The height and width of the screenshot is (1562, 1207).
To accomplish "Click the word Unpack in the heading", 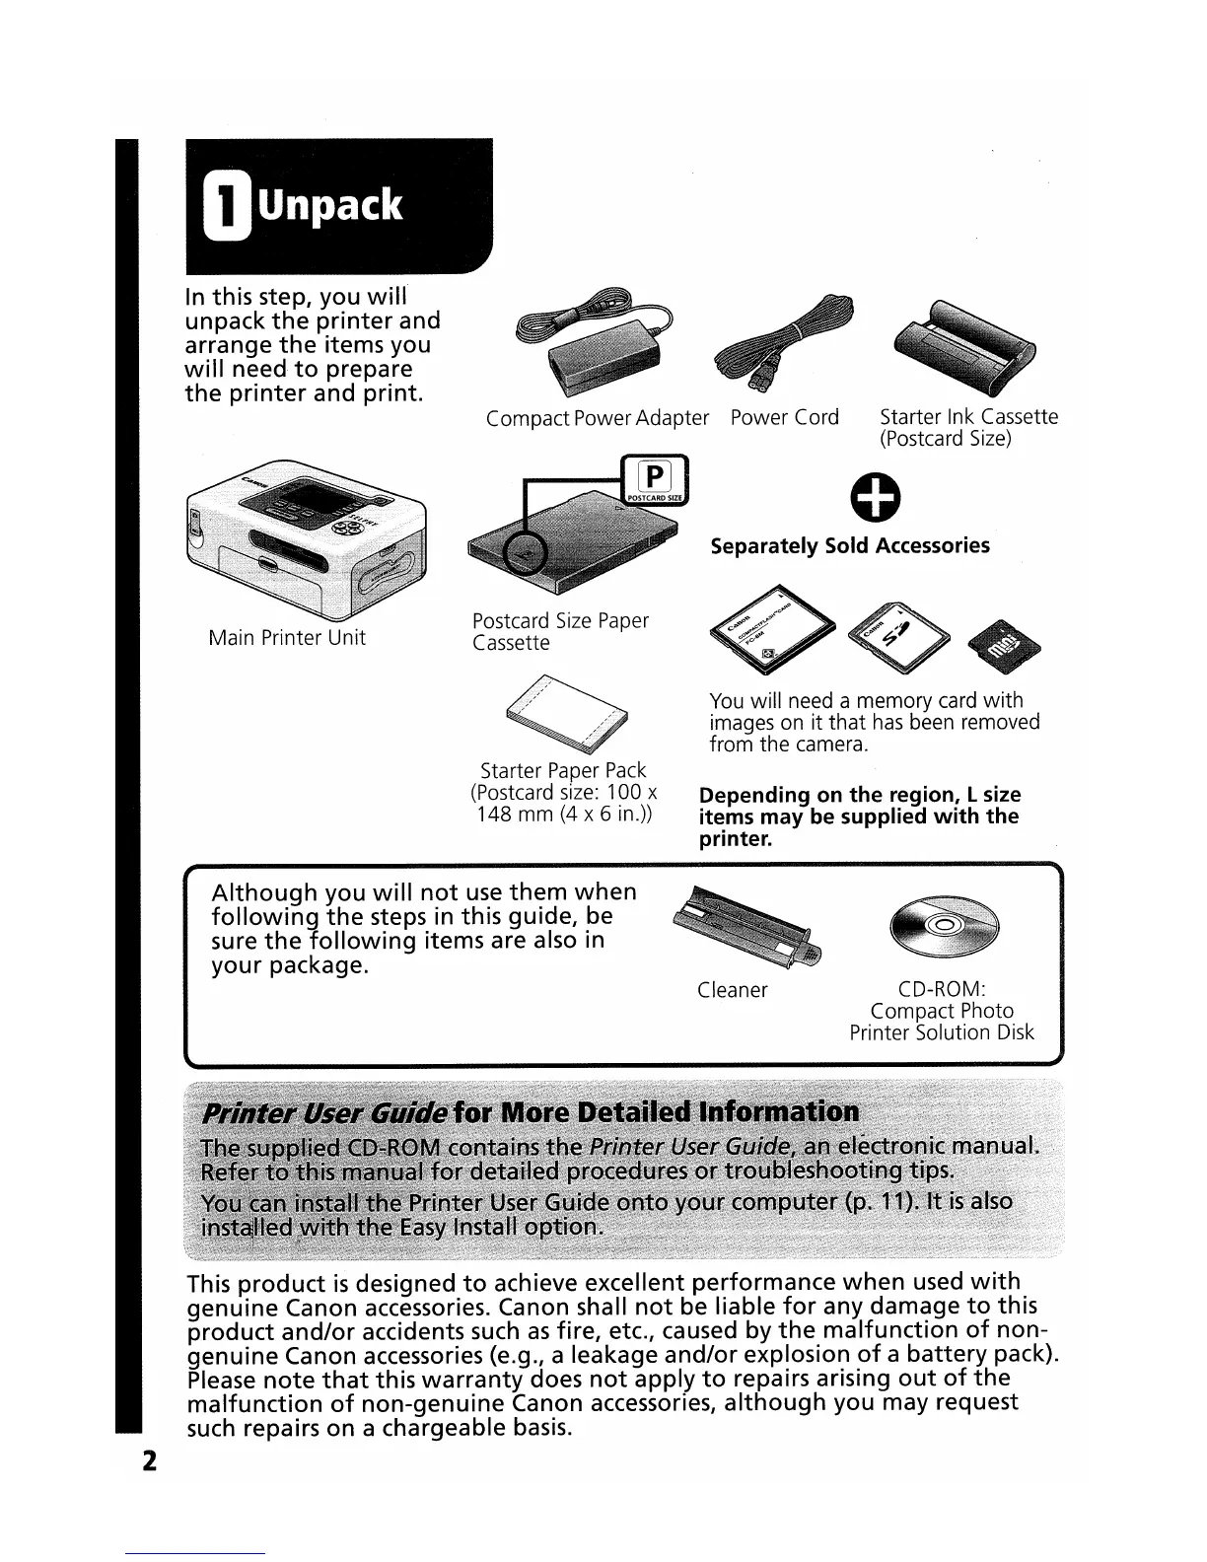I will [329, 205].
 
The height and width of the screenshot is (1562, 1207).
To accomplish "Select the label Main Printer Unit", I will [287, 638].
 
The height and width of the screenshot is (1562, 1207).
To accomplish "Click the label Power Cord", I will [784, 417].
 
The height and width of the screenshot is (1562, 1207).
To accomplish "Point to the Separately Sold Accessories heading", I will [850, 545].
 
